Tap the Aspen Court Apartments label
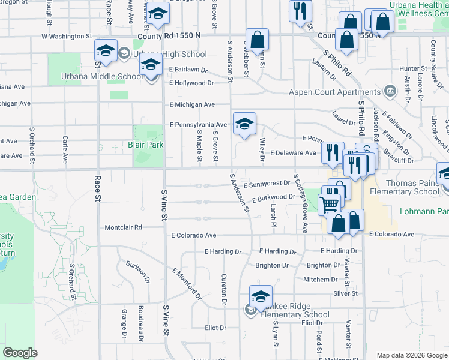click(x=327, y=92)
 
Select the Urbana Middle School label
click(x=102, y=77)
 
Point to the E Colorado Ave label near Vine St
click(x=193, y=235)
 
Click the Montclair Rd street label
click(x=124, y=227)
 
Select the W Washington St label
click(x=66, y=37)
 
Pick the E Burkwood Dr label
click(x=273, y=197)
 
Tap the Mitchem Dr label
click(x=321, y=280)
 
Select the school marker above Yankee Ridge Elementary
click(x=261, y=296)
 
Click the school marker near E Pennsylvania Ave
click(x=244, y=124)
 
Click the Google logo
click(x=20, y=353)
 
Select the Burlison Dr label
click(x=137, y=272)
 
